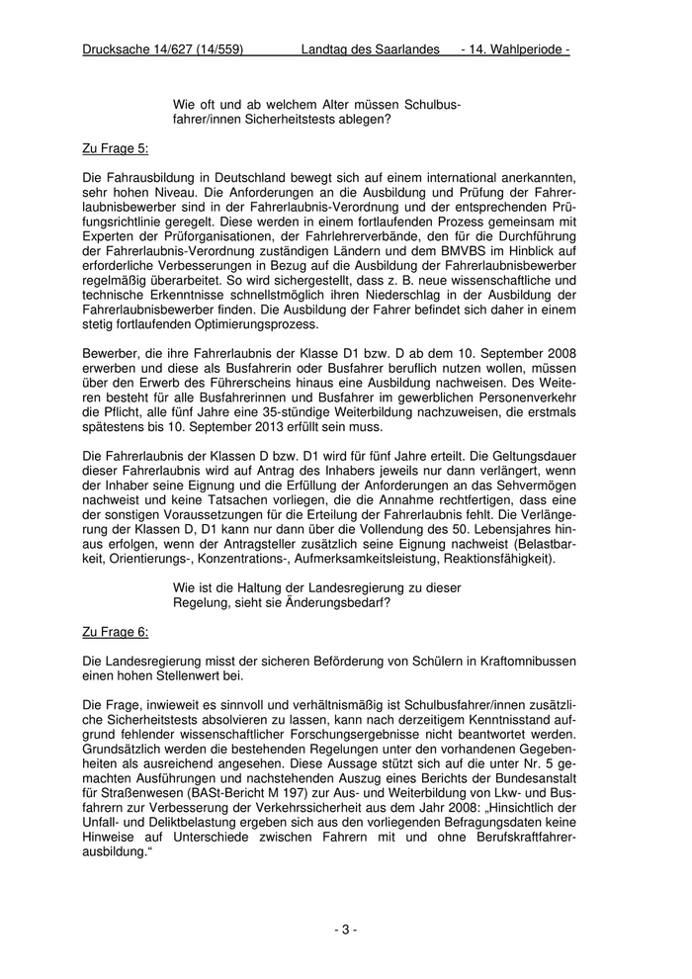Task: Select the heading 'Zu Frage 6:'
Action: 116,630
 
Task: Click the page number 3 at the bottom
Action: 345,930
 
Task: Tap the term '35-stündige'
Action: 344,412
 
